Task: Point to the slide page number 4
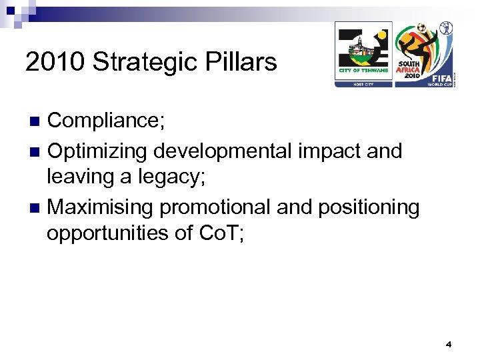[449, 345]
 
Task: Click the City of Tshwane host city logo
[363, 54]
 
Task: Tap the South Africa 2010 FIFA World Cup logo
[425, 54]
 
